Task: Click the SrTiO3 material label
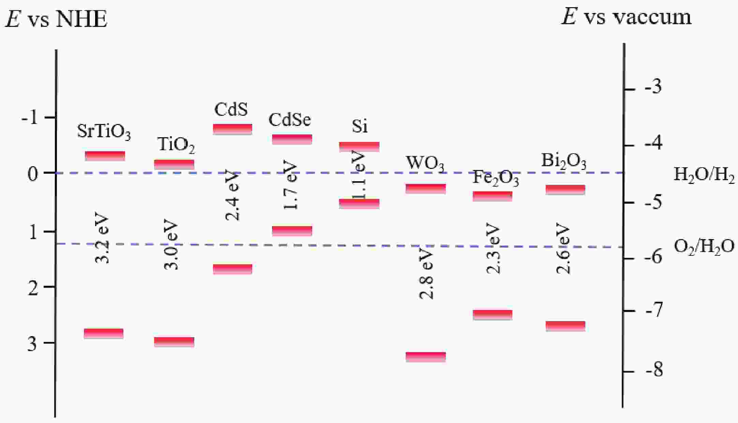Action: [104, 132]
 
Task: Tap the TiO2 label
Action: [176, 145]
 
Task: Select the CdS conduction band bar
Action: [232, 129]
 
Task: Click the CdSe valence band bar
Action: [292, 231]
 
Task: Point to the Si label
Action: [360, 126]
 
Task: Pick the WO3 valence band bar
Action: [426, 357]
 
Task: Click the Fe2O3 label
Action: [495, 178]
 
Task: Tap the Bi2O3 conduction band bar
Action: [565, 190]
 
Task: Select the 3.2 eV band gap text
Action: [102, 239]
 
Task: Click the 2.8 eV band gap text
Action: [426, 275]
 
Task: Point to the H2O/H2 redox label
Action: [704, 176]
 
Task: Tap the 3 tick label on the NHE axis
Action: [32, 344]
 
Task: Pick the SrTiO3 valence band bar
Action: [104, 334]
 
